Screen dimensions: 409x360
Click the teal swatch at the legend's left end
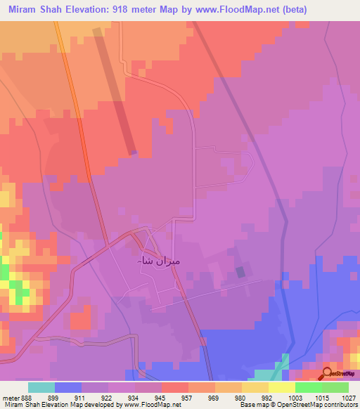click(x=41, y=387)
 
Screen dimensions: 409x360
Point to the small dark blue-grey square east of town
click(x=241, y=271)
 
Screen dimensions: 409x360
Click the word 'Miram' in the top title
click(x=24, y=11)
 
